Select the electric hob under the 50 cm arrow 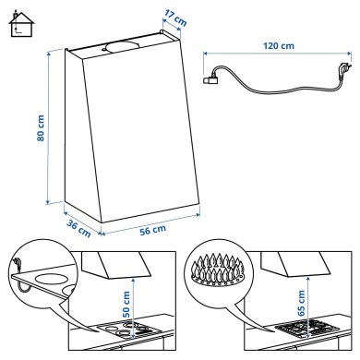click(129, 328)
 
